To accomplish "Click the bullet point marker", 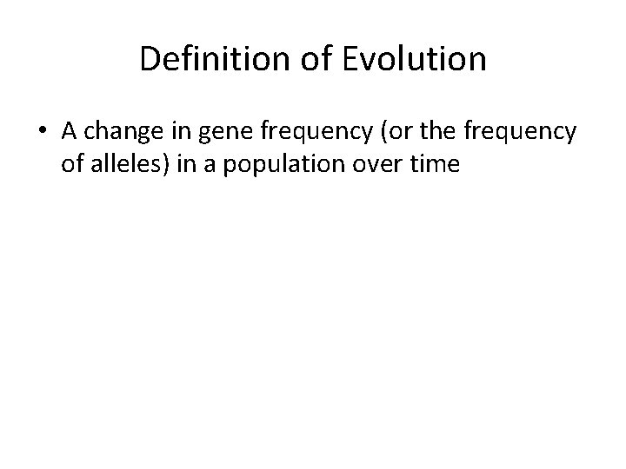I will pyautogui.click(x=43, y=131).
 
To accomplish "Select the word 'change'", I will pyautogui.click(x=117, y=131).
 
